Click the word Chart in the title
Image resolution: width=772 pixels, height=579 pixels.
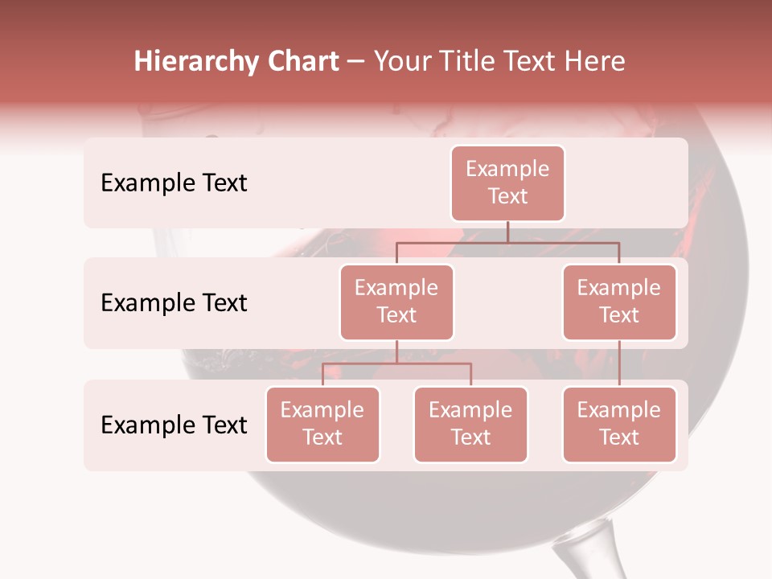click(x=302, y=62)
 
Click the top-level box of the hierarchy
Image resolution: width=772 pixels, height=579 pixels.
click(x=507, y=183)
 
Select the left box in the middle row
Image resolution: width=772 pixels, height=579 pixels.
click(x=396, y=302)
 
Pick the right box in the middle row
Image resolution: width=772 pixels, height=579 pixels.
click(x=619, y=302)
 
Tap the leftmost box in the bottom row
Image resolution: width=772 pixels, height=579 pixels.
click(x=322, y=424)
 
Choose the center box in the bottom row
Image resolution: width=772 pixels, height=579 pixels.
click(x=470, y=424)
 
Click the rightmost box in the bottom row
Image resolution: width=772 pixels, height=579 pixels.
click(x=619, y=424)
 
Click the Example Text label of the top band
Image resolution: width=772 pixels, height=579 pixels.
click(x=174, y=183)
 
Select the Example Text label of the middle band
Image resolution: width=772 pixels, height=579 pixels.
click(x=174, y=302)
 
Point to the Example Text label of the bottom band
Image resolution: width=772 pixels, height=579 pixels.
click(x=174, y=425)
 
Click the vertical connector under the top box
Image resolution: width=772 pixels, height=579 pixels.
click(x=507, y=232)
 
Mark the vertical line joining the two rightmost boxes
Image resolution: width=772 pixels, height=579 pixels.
click(x=619, y=363)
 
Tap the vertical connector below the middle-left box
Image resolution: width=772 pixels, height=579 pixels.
click(x=396, y=351)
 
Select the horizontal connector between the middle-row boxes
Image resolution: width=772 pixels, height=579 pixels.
click(x=507, y=242)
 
